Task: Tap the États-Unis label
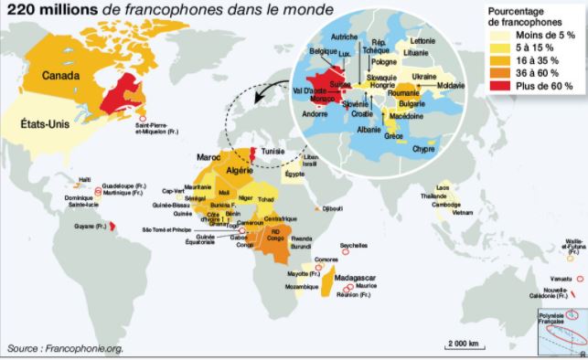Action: tap(41, 119)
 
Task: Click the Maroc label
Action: tap(211, 156)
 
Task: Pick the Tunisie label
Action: tap(275, 153)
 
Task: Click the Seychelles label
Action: tap(352, 244)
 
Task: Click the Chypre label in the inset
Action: tap(423, 149)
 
